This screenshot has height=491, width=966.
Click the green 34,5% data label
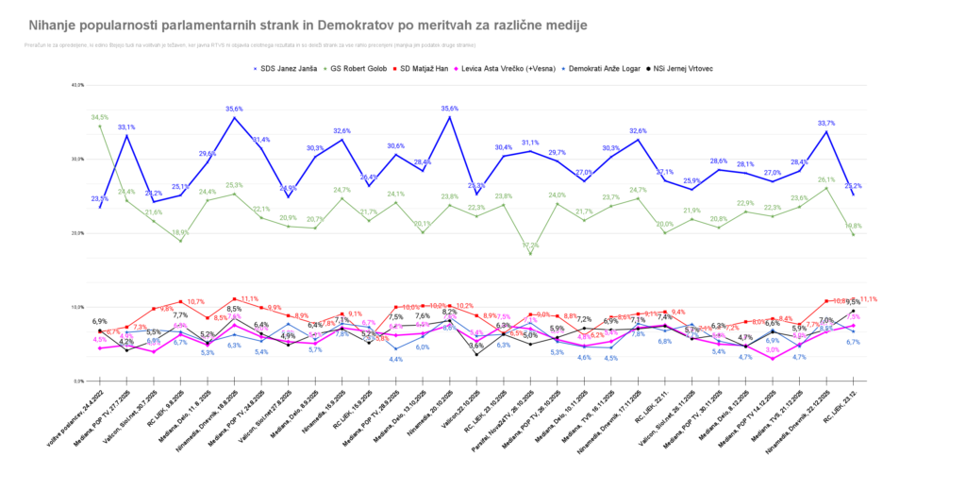99,117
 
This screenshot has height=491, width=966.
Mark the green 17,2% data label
530,245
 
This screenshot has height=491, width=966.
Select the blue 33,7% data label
826,123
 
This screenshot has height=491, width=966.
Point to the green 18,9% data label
180,231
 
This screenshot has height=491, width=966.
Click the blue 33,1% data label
126,127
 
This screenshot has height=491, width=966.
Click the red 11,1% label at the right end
868,298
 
